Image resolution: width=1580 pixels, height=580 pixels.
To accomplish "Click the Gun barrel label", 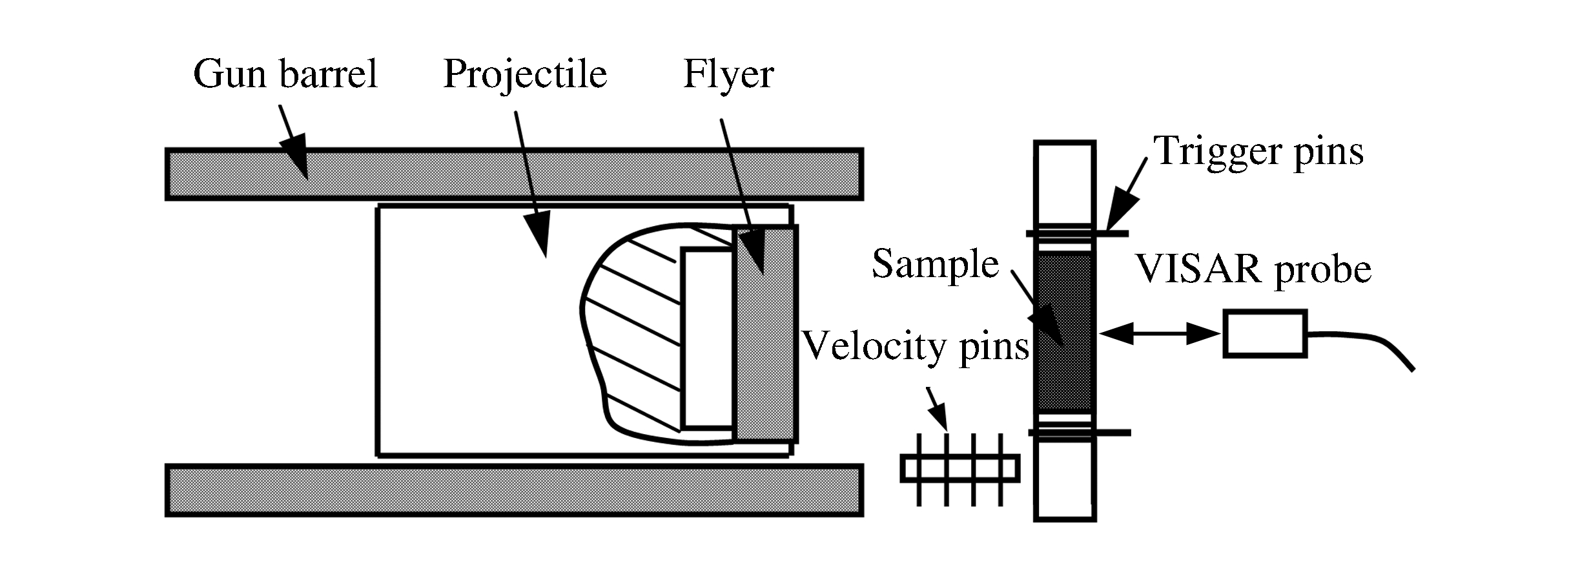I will coord(285,75).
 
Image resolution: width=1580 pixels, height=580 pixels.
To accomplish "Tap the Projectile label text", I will coord(525,75).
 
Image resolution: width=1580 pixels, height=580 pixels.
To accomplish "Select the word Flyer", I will coord(728,75).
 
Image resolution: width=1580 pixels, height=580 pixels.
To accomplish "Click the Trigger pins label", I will coord(1258,152).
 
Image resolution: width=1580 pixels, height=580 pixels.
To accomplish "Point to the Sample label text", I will coord(935,264).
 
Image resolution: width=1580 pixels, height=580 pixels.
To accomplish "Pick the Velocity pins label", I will coord(916,347).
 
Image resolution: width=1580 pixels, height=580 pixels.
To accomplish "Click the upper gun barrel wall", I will coord(513,174).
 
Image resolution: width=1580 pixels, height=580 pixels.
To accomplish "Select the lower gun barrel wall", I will coord(513,490).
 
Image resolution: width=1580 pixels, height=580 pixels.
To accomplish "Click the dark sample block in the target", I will coord(1064,333).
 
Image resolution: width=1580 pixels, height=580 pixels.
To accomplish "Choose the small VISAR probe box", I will coord(1265,333).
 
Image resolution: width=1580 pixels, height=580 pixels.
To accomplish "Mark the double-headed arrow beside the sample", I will coord(1159,334).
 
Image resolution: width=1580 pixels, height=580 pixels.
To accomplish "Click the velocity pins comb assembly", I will coord(960,468).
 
